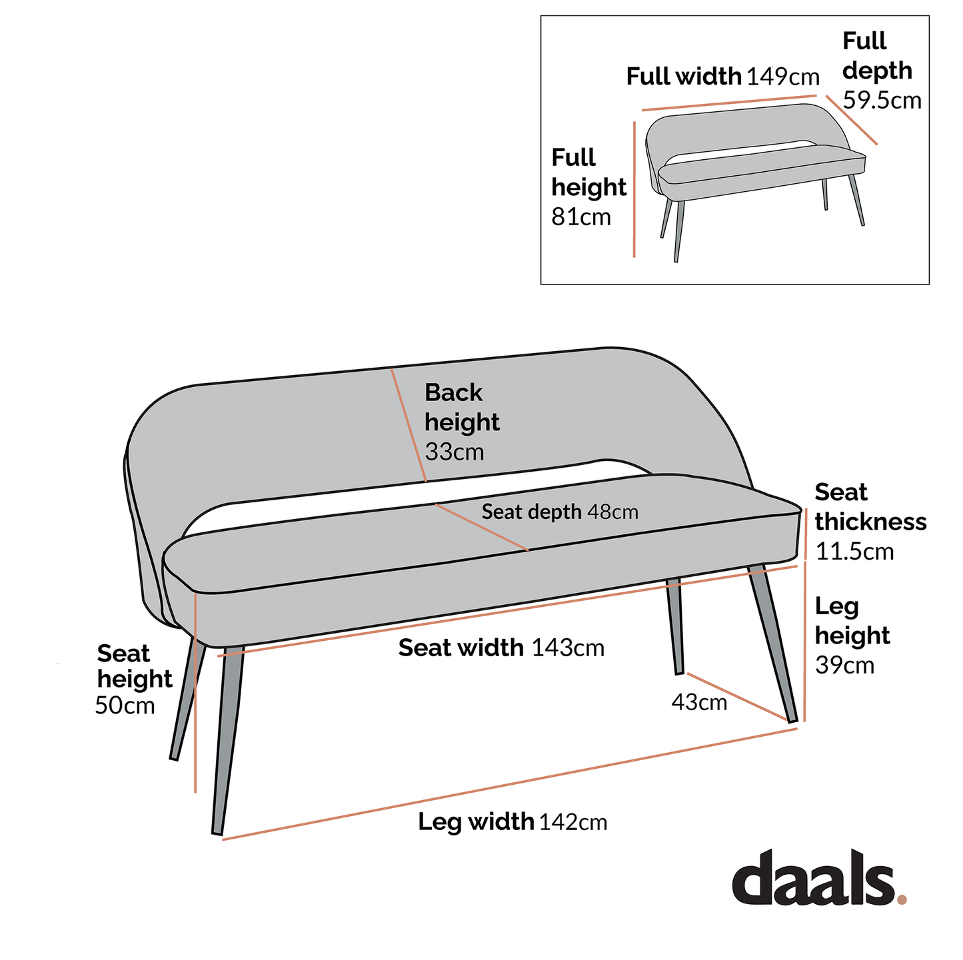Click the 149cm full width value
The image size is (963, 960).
coord(783,77)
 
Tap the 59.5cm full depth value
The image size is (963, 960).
coord(882,101)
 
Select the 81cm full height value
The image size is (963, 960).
coord(580,217)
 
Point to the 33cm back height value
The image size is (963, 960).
coord(455,452)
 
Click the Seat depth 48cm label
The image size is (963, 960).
coord(559,512)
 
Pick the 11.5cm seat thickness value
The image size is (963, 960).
coord(854,552)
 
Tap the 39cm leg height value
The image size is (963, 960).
coord(844,665)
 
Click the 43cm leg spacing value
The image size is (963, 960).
coord(699,702)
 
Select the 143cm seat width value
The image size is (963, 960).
coord(568,648)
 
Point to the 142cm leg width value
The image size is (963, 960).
coord(573,822)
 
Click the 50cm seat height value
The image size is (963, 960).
coord(125,705)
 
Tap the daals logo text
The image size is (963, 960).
coord(813,878)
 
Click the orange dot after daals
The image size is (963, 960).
coord(902,899)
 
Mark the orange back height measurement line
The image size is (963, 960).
coord(409,425)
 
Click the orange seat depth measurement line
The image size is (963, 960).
coord(481,527)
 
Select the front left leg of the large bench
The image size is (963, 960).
coord(227,739)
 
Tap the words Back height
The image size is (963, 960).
coord(461,407)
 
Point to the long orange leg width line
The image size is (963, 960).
coord(510,784)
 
